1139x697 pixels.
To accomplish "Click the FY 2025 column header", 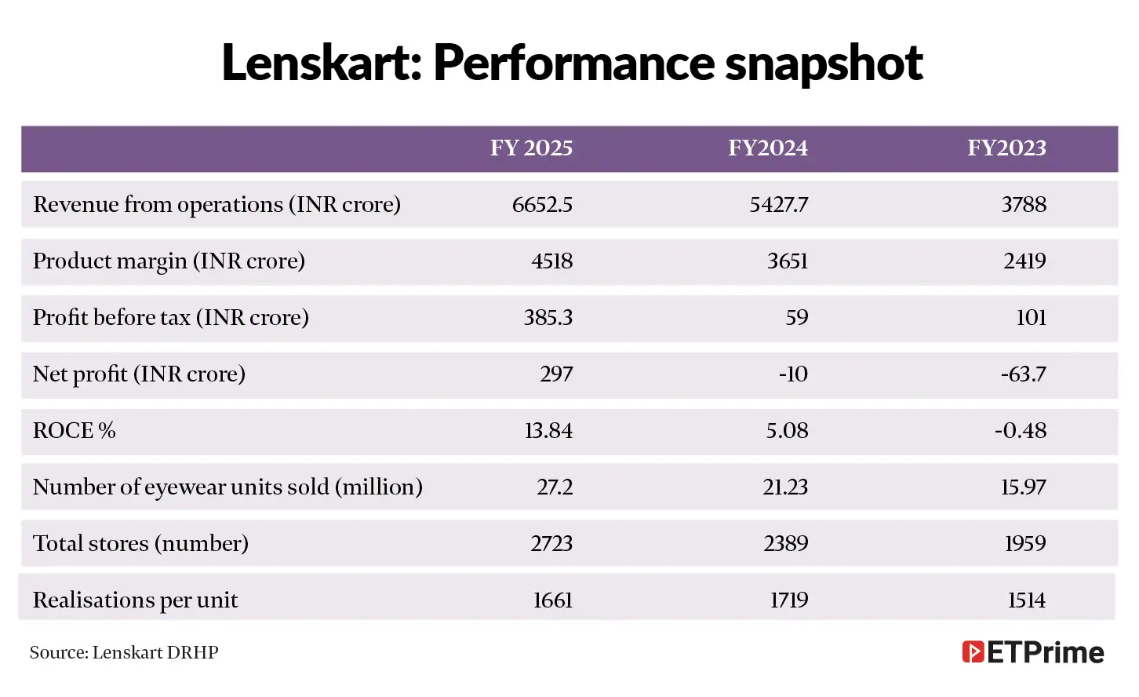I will (531, 148).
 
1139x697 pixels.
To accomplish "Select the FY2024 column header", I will (767, 148).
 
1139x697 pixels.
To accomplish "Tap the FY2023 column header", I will (1006, 148).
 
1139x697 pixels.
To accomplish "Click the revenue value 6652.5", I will (542, 205).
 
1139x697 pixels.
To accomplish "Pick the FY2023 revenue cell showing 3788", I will (1024, 205).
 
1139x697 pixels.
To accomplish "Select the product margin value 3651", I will (787, 261).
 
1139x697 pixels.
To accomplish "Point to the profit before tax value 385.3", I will (548, 318).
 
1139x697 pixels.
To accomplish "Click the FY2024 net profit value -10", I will (792, 374).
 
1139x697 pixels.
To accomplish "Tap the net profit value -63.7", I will (1023, 374).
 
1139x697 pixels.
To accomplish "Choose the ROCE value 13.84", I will (548, 431).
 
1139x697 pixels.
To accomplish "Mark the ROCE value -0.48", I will (1020, 431).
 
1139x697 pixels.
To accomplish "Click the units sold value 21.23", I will (785, 487).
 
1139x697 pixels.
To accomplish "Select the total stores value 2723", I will (551, 544).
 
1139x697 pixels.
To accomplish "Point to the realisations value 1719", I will (788, 600).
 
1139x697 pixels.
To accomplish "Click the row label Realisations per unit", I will (135, 600).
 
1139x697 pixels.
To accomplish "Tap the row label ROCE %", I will (74, 431).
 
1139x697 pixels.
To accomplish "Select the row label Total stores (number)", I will (140, 544).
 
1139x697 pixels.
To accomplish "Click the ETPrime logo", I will (1032, 652).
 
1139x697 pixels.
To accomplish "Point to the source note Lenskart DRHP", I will (124, 652).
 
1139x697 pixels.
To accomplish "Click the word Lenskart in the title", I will (322, 63).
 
